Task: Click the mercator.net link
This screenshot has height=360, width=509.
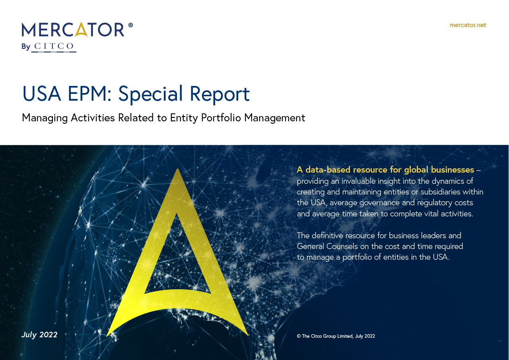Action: tap(468, 25)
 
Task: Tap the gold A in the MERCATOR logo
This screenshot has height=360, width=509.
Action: tap(81, 30)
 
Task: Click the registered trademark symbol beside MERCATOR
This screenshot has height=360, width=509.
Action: tap(130, 25)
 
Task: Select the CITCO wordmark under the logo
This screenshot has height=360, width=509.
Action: tap(54, 47)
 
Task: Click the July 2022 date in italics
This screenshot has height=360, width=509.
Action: tap(39, 335)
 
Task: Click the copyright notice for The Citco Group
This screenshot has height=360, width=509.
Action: tap(336, 336)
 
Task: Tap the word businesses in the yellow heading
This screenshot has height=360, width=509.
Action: tap(450, 170)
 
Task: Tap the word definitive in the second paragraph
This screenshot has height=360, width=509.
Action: tap(331, 235)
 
